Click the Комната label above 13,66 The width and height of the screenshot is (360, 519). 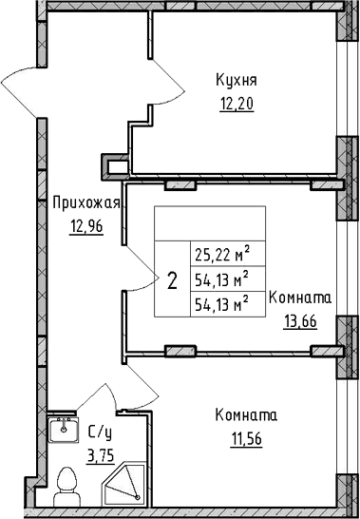click(x=300, y=298)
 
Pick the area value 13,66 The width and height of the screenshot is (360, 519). click(x=300, y=320)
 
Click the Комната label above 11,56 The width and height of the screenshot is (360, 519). click(x=246, y=415)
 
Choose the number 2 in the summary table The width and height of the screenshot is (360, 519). click(x=172, y=280)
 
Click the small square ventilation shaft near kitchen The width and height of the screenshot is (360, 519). click(x=117, y=167)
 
